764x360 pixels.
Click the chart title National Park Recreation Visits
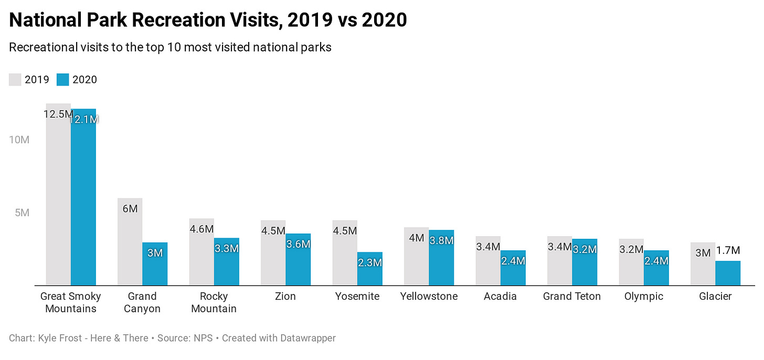pos(208,20)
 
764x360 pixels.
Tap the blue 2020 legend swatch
pos(63,80)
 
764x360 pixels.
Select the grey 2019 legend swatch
pos(15,80)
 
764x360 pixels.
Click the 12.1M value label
pos(84,120)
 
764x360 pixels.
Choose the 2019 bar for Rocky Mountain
pos(201,257)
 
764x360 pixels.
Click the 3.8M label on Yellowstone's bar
pos(441,241)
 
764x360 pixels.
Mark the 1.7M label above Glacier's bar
pos(728,250)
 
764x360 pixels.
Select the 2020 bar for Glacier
pos(728,273)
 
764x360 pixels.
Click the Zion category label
pos(285,297)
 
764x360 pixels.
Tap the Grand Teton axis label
pos(572,297)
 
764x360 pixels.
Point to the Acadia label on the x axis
pos(500,297)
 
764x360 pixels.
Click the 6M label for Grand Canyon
pos(130,209)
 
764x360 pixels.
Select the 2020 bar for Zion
pos(298,262)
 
